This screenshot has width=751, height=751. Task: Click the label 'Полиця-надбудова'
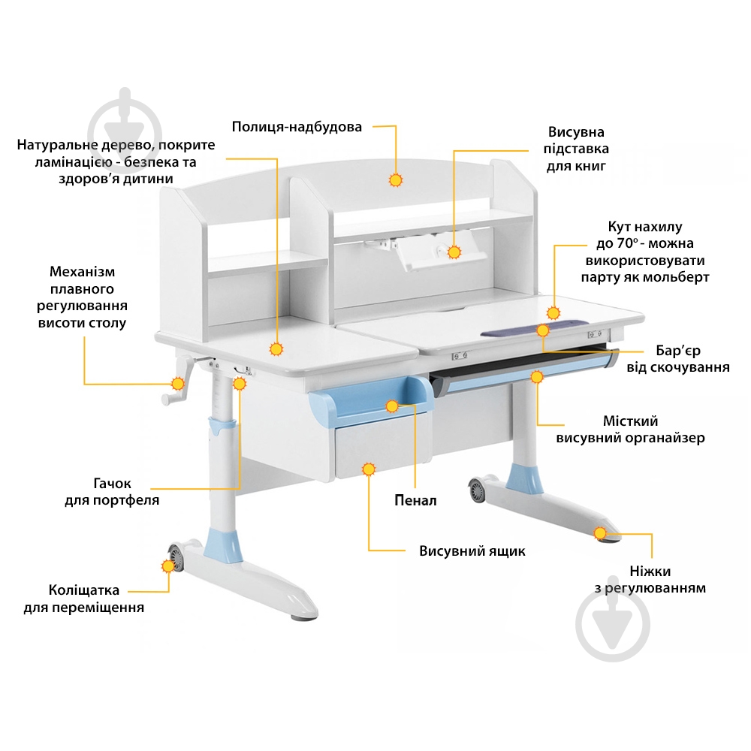(x=297, y=127)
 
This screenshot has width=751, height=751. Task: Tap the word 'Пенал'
(x=415, y=500)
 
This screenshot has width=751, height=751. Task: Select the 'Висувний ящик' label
(x=472, y=551)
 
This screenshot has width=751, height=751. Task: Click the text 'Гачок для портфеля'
(x=112, y=492)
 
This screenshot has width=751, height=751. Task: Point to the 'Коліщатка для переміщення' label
(x=83, y=599)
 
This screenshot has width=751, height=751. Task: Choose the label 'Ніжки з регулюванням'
(x=650, y=580)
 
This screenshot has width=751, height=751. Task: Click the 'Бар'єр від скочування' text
(x=677, y=359)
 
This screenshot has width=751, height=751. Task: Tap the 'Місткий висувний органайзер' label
(x=630, y=430)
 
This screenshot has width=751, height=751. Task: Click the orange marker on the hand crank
(x=178, y=384)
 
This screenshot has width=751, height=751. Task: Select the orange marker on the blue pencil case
(x=392, y=406)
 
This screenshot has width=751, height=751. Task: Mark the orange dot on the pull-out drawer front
(x=368, y=469)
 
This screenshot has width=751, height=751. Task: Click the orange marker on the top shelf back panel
(x=396, y=180)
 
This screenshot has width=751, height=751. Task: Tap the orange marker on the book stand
(x=454, y=252)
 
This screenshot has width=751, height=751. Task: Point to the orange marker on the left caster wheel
(x=167, y=566)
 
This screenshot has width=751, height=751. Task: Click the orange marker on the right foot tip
(x=600, y=533)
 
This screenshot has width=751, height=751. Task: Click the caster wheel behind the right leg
(x=478, y=491)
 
